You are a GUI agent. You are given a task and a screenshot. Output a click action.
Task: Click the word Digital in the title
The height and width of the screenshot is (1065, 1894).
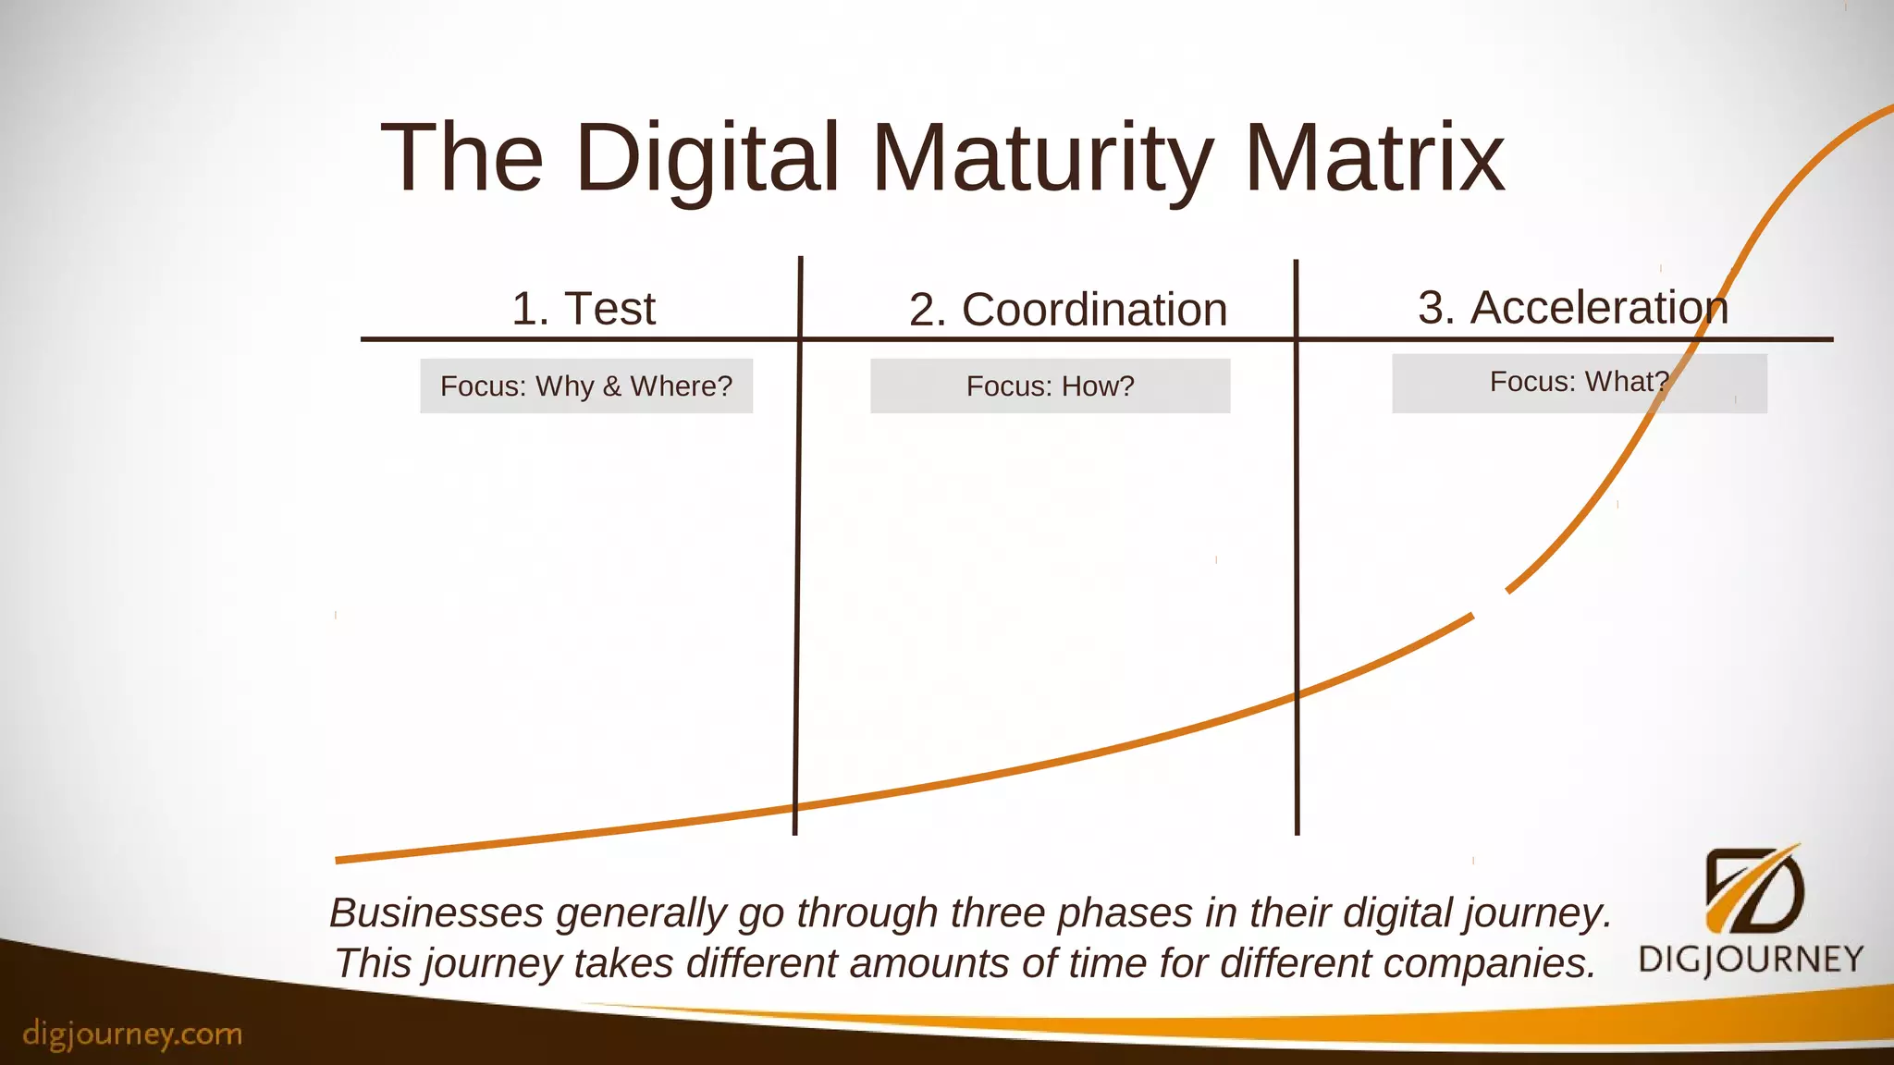(x=707, y=159)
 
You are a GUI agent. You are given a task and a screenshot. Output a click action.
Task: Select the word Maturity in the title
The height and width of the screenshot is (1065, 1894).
(x=1042, y=159)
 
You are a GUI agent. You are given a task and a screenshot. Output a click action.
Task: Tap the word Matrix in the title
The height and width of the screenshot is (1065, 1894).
(x=1375, y=159)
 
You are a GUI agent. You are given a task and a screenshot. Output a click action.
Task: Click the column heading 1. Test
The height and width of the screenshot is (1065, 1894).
(x=584, y=308)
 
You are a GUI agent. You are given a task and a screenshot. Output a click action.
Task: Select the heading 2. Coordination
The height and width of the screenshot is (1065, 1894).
(x=1068, y=310)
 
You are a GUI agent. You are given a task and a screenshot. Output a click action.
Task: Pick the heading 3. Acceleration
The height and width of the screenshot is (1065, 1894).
(x=1573, y=308)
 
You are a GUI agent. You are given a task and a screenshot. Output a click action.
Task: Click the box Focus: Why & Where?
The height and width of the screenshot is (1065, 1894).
(x=586, y=386)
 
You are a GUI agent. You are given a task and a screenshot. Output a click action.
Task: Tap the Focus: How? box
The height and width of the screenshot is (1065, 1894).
(x=1050, y=386)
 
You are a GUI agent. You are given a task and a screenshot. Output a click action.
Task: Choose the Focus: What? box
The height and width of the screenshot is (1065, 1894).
(x=1579, y=383)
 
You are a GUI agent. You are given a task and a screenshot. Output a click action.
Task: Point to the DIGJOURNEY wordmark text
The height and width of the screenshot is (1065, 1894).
(x=1751, y=959)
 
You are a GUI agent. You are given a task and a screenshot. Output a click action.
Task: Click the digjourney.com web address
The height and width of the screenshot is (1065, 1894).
(x=132, y=1034)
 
